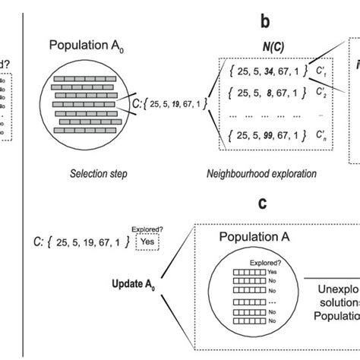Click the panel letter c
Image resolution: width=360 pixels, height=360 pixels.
(262, 203)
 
